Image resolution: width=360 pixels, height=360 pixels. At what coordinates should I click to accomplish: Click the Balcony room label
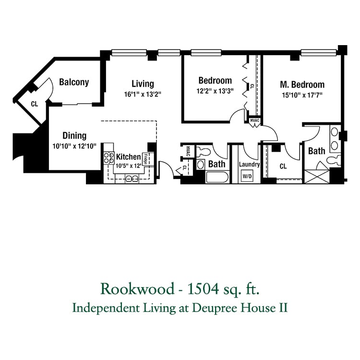[x=74, y=82]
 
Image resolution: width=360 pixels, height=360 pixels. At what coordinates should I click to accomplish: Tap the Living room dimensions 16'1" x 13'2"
[x=143, y=95]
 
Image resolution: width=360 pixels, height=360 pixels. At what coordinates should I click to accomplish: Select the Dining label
[x=74, y=136]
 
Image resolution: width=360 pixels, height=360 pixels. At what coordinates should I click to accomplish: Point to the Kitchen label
[x=128, y=157]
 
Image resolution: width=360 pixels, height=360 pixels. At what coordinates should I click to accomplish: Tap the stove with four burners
[x=109, y=158]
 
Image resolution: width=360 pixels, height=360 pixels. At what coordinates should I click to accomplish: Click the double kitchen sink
[x=132, y=179]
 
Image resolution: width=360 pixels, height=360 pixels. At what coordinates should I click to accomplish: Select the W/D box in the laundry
[x=247, y=176]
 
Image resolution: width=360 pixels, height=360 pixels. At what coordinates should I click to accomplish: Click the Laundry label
[x=249, y=164]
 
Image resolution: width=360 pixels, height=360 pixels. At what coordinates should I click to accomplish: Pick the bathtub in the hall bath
[x=217, y=178]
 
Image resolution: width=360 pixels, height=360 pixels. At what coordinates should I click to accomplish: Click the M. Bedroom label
[x=302, y=84]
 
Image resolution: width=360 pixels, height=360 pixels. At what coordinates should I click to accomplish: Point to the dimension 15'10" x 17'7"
[x=302, y=95]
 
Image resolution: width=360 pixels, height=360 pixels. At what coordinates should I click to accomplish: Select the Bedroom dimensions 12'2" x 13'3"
[x=215, y=91]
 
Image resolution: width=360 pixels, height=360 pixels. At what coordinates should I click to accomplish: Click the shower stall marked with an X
[x=317, y=176]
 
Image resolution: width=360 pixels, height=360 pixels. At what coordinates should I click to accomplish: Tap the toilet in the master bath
[x=334, y=160]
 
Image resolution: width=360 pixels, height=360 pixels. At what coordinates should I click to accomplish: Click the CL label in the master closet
[x=283, y=166]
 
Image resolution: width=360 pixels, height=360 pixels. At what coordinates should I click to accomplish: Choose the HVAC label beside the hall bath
[x=188, y=151]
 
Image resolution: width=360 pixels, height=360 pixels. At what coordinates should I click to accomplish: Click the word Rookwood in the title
[x=137, y=289]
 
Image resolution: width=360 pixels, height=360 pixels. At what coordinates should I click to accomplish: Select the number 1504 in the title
[x=203, y=289]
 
